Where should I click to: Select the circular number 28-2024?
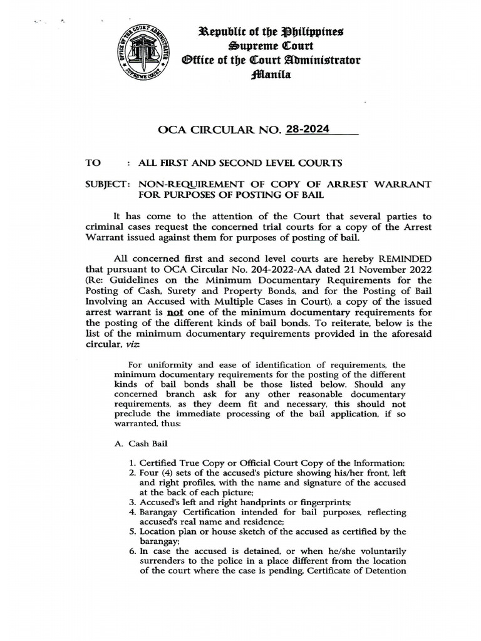[x=306, y=130]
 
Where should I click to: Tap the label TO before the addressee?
[x=93, y=163]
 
